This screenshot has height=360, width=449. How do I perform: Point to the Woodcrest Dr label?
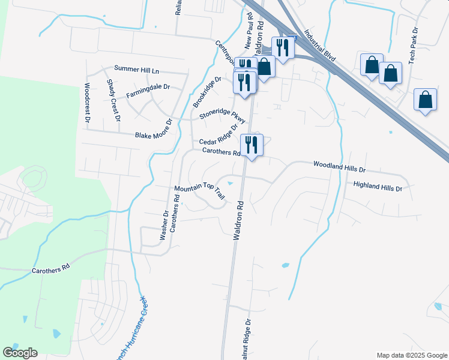tap(88, 103)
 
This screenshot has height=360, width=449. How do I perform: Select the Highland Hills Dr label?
tap(377, 187)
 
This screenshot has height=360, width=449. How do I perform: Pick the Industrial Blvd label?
tap(319, 45)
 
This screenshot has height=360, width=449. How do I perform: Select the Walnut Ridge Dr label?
tap(246, 343)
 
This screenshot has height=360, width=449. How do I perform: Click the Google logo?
tap(20, 353)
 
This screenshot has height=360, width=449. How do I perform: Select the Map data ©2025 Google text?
tap(411, 355)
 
